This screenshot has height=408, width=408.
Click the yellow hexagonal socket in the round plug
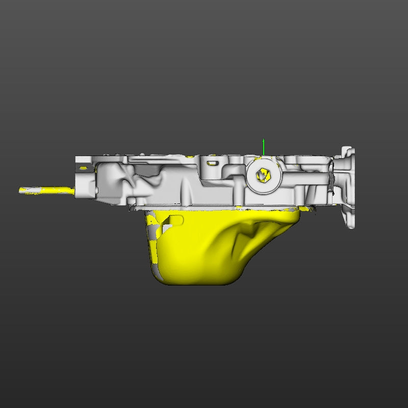click(262, 175)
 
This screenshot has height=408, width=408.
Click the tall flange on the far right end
click(348, 186)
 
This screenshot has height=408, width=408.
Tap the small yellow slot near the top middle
click(212, 163)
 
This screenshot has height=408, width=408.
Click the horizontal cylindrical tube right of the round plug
click(306, 180)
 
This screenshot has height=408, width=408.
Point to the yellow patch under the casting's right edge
click(307, 209)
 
